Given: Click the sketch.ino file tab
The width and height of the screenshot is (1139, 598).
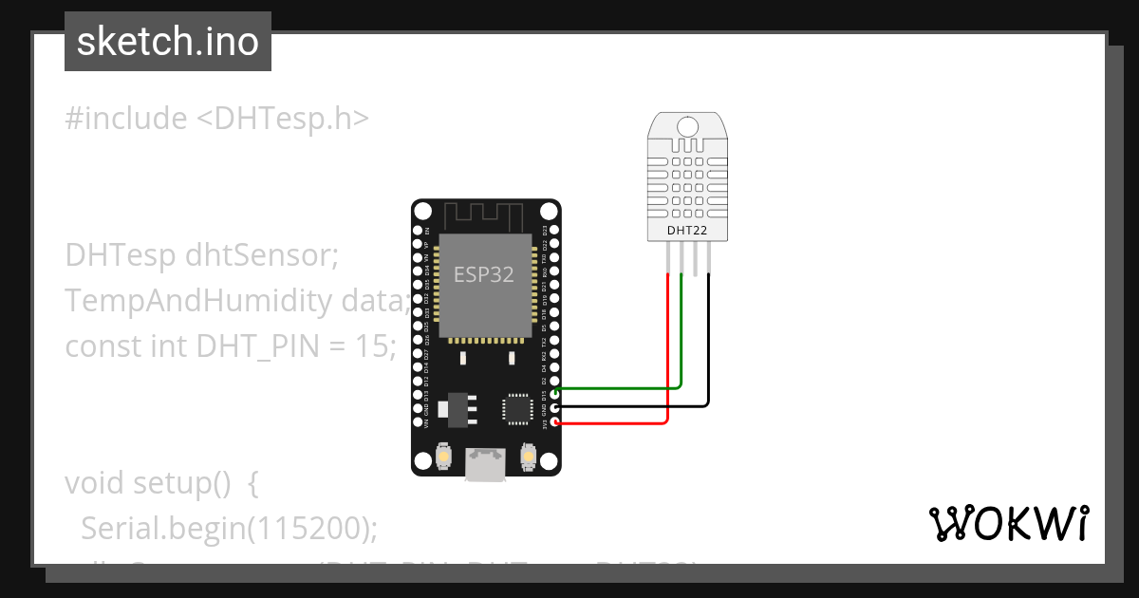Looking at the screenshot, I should tap(168, 42).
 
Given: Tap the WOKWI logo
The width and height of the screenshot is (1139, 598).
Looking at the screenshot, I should tap(1007, 523).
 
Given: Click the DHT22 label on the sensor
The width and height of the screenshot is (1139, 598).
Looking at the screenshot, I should tap(687, 229).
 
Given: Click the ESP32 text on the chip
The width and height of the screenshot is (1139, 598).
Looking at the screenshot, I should tap(483, 275).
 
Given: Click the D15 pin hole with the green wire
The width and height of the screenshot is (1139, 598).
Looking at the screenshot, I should tap(553, 391).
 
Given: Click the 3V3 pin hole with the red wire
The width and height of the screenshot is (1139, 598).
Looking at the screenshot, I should tap(553, 421).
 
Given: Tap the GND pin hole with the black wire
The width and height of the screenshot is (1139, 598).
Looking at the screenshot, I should tap(553, 406).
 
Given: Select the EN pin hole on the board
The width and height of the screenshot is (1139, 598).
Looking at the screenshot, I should tap(418, 230).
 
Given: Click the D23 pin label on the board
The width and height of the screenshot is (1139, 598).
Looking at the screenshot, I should tap(544, 230).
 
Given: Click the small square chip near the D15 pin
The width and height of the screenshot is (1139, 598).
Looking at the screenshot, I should tap(517, 408).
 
